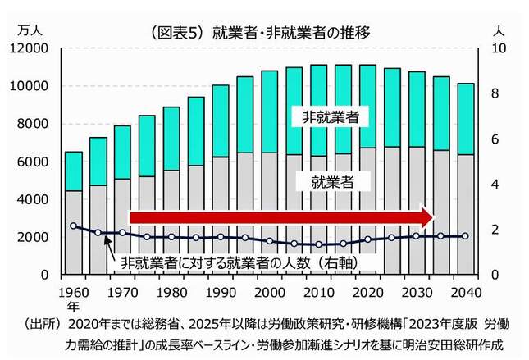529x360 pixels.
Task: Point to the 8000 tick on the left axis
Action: point(37,124)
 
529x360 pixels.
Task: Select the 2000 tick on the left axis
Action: point(37,237)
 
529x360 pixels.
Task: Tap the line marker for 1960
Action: point(73,226)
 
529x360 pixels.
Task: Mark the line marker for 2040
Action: point(465,236)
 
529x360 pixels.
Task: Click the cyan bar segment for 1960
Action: point(73,171)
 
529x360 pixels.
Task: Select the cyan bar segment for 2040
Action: point(465,119)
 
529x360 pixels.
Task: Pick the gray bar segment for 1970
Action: point(122,226)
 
